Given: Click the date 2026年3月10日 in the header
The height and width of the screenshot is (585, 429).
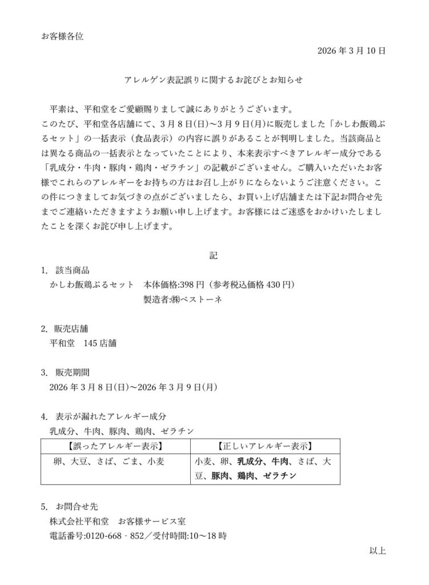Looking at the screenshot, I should tap(351, 51).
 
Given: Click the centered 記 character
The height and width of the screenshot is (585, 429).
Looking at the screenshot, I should tap(214, 255).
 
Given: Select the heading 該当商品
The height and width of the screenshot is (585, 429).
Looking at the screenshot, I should tap(73, 270).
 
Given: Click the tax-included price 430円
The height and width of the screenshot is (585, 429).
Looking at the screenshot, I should tap(280, 284).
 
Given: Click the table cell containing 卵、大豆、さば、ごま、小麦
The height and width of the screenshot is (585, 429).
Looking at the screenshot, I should tap(115, 461).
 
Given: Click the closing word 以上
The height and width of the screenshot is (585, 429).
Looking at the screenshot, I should tap(378, 551).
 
